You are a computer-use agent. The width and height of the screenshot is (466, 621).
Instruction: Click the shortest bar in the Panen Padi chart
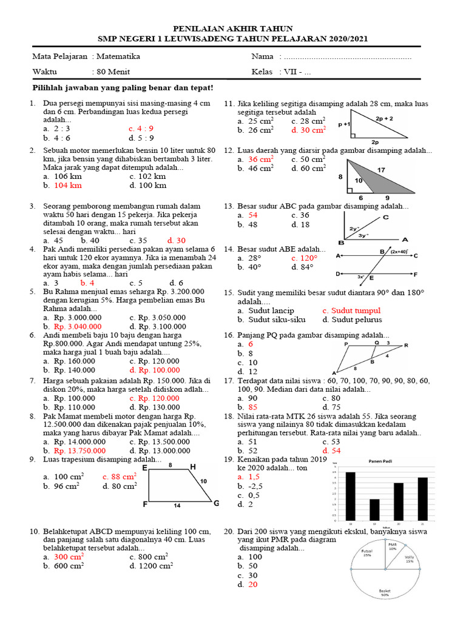click(x=375, y=508)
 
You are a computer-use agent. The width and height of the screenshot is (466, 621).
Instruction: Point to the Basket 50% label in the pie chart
click(x=384, y=592)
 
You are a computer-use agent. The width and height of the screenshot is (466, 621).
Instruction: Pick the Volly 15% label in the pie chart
click(x=410, y=559)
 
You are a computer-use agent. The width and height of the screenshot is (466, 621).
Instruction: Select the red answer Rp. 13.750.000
click(x=79, y=451)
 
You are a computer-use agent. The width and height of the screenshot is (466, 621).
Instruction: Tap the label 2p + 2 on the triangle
click(x=384, y=119)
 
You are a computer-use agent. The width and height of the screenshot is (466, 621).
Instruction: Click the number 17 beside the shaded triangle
click(x=381, y=170)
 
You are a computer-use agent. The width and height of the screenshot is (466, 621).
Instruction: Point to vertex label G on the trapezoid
click(x=216, y=503)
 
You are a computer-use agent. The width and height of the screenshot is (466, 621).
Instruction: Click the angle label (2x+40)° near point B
click(x=399, y=250)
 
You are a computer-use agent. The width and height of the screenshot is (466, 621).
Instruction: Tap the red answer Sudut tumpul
click(x=352, y=310)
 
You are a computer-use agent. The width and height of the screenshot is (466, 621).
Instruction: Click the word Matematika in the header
click(x=118, y=56)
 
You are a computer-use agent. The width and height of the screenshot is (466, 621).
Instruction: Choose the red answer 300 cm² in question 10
click(x=69, y=556)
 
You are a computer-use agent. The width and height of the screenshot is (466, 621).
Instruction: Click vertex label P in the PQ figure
click(x=346, y=344)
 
